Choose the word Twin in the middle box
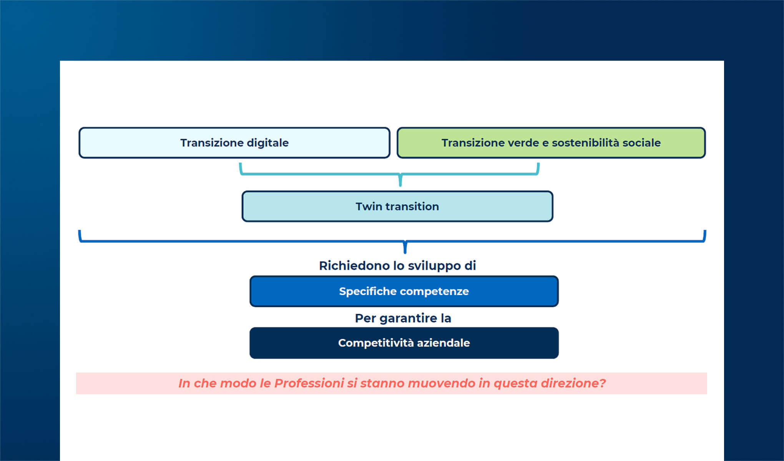(x=368, y=207)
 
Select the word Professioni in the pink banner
(x=309, y=383)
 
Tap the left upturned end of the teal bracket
(x=241, y=166)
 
